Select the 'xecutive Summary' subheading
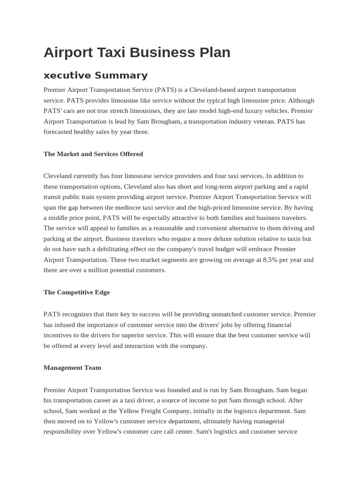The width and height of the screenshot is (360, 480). click(96, 75)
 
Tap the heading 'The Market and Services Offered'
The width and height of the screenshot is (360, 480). click(93, 154)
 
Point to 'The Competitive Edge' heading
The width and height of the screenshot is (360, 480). click(76, 292)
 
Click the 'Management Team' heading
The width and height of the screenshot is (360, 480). click(72, 367)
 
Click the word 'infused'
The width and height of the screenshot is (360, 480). click(68, 324)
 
